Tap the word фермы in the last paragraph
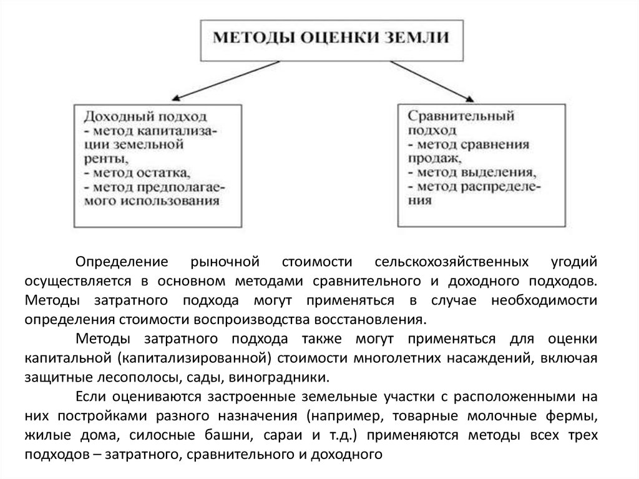click(x=577, y=417)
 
